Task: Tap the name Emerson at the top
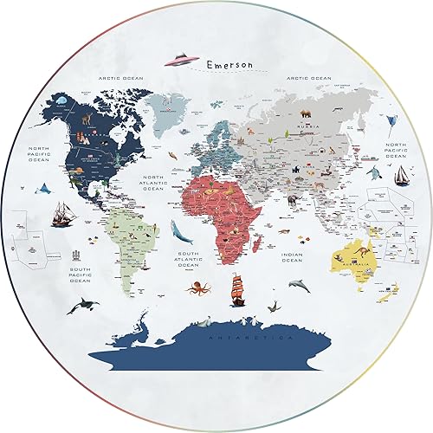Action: coord(232,66)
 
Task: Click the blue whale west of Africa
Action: coord(178,230)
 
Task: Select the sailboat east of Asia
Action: coord(401,174)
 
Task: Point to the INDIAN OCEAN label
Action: coord(292,257)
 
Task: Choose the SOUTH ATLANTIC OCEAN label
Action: coord(188,258)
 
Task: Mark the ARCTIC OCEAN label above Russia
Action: coord(309,77)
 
